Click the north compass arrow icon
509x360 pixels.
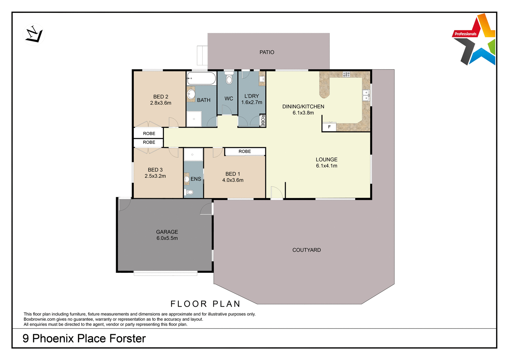coord(34,34)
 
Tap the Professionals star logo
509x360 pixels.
coord(475,40)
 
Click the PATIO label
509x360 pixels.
coord(267,52)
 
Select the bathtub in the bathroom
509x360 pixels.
coord(202,78)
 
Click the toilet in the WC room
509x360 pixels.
coord(229,79)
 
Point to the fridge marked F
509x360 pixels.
coord(329,127)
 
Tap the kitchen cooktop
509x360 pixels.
coord(346,74)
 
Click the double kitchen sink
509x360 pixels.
coord(365,95)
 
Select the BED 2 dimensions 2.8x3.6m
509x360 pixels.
coord(161,103)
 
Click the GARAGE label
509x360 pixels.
coord(167,232)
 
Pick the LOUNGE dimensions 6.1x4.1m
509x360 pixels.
coord(326,166)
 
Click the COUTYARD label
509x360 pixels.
coord(306,250)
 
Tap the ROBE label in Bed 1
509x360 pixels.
coord(245,151)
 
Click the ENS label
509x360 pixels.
coord(196,179)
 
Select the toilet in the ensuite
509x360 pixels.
coord(189,192)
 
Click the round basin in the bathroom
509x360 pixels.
coord(191,94)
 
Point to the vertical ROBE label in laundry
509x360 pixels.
coord(263,121)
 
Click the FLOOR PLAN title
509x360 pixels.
coord(205,304)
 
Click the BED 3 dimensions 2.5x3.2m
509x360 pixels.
coord(155,176)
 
